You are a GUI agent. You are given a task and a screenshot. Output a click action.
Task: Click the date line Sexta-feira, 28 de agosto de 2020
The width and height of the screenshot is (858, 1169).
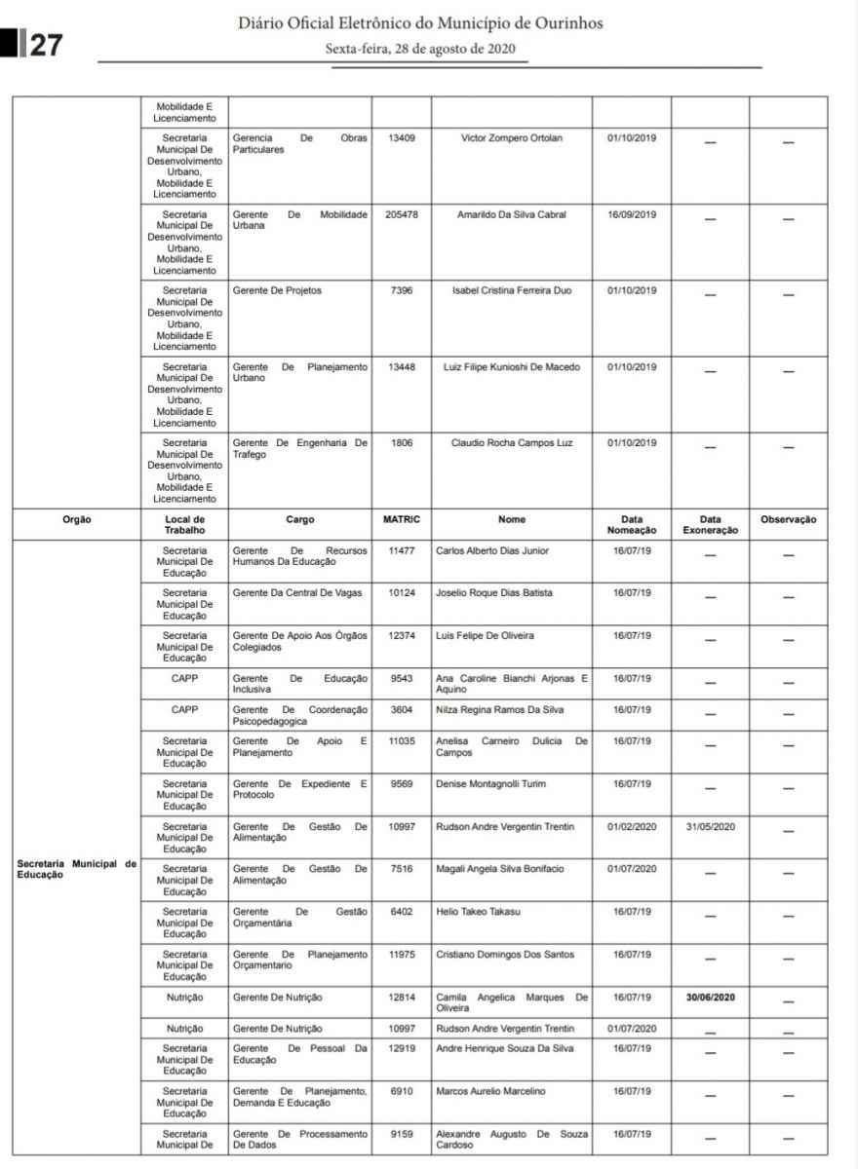click(420, 49)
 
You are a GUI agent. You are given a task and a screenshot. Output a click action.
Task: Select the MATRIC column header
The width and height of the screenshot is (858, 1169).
click(402, 520)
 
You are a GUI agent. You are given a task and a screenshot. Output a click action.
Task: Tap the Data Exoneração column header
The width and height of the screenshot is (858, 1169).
click(710, 525)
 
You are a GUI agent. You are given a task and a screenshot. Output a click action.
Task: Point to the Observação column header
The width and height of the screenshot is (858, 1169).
click(788, 520)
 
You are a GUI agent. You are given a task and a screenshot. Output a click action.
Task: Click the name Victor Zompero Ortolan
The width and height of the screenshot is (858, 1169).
click(512, 138)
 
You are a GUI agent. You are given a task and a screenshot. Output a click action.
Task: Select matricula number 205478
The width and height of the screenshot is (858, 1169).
click(402, 214)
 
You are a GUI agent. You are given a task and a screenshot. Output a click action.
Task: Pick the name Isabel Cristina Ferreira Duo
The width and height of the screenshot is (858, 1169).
click(512, 290)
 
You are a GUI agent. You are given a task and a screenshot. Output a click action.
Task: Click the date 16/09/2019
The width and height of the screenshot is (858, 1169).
click(632, 214)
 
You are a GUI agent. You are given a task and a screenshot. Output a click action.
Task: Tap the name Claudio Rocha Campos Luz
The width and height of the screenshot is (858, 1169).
click(512, 443)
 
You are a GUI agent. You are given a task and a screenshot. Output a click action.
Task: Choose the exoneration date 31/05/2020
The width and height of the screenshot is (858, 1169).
click(710, 827)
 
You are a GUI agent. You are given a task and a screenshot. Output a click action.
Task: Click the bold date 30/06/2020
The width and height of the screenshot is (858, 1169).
click(710, 998)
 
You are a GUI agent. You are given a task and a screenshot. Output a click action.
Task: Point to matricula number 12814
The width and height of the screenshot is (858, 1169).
click(402, 998)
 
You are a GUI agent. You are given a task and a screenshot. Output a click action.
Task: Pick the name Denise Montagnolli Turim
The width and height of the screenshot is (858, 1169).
click(491, 784)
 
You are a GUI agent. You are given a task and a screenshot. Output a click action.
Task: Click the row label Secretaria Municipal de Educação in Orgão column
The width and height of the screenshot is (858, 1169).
click(76, 869)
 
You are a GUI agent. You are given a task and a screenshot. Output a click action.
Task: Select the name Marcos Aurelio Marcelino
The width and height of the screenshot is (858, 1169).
click(490, 1091)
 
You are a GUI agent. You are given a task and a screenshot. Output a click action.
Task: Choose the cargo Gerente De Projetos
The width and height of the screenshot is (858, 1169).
click(277, 290)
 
